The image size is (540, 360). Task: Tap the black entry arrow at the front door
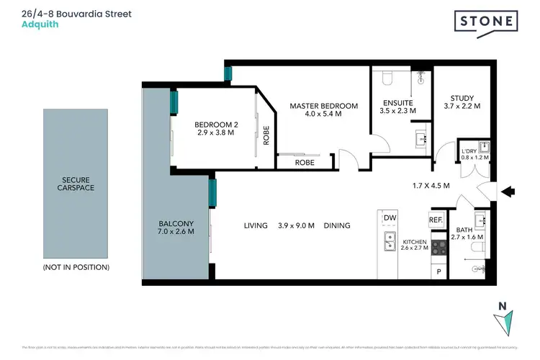(508, 192)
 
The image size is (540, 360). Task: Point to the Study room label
(462, 99)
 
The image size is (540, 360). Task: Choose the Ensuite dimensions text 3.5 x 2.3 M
(397, 112)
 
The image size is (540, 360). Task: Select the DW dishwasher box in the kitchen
(390, 217)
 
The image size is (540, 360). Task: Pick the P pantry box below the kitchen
(439, 271)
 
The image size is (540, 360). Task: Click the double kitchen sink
(390, 241)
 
